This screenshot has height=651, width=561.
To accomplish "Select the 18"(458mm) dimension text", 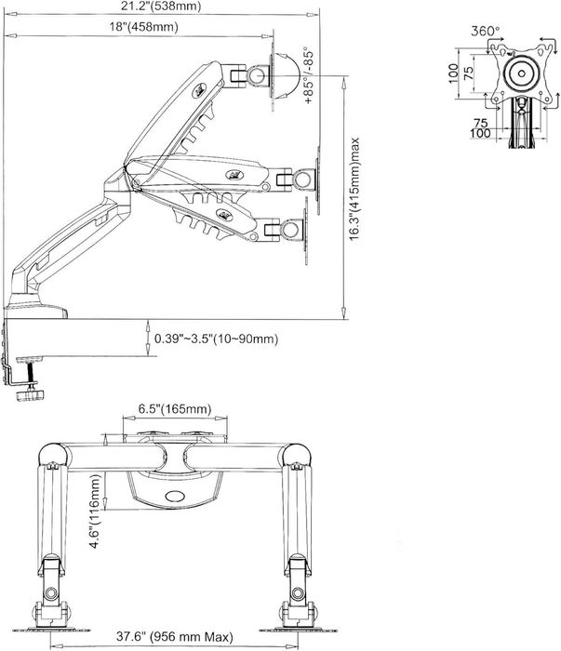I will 142,27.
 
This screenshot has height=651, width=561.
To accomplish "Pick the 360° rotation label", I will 486,31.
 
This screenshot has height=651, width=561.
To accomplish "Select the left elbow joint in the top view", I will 53,455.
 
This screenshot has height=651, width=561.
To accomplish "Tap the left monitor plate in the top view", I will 51,613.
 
